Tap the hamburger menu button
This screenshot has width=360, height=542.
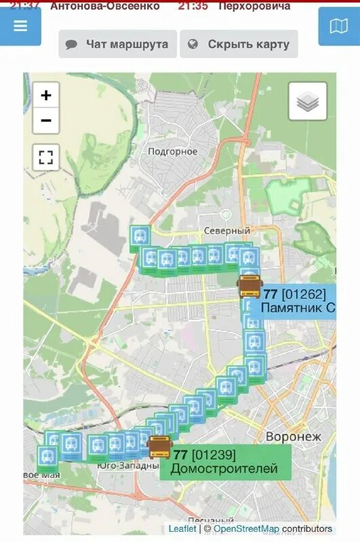[20, 26]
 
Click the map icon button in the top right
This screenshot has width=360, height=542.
[338, 26]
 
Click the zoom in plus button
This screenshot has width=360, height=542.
[46, 96]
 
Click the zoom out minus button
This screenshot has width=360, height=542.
[46, 121]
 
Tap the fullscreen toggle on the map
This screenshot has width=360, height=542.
[46, 158]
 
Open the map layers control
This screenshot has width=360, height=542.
[308, 102]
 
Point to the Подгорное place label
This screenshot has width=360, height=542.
[173, 152]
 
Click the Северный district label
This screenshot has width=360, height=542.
[226, 231]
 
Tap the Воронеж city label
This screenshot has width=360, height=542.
[293, 436]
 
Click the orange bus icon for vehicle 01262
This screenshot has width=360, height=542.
[249, 287]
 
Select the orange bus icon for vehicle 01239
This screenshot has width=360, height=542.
[160, 447]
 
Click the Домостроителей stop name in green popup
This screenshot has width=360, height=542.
[224, 469]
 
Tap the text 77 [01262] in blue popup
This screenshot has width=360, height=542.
[295, 294]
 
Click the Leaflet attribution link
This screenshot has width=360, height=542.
[182, 528]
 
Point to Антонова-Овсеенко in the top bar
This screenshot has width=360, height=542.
[105, 6]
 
